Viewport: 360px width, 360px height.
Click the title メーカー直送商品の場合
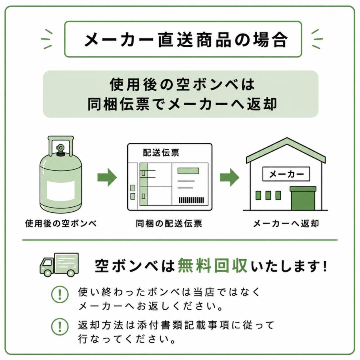186,40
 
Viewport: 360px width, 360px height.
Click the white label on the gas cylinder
61,190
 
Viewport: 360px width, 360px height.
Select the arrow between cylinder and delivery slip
107,177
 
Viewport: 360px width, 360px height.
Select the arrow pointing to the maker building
230,177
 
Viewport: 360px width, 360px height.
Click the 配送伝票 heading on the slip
161,152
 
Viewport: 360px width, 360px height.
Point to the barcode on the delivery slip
191,200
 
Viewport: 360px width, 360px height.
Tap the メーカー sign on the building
286,174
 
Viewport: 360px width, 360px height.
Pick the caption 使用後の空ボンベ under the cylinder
61,223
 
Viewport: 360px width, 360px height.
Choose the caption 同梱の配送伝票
169,223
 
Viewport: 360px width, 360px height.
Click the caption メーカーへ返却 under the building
286,223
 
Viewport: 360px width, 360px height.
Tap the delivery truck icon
59,265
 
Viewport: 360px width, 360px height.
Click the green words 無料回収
213,266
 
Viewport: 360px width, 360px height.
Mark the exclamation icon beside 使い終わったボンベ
60,294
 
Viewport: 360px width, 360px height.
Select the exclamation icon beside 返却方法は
60,327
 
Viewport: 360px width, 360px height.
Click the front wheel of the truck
48,273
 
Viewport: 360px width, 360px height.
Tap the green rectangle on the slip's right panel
188,171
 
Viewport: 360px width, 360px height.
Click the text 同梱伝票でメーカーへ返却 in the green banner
182,104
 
